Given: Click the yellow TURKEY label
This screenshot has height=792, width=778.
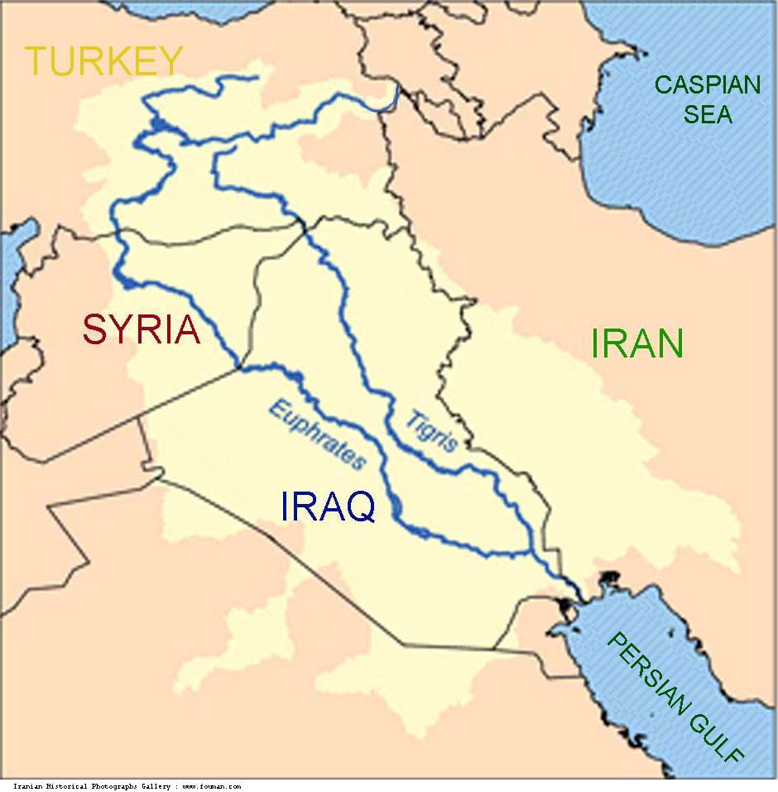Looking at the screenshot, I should coord(103,61).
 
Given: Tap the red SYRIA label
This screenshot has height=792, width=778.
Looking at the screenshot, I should coord(142,330).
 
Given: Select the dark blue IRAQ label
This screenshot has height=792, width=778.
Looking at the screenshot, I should coord(328,506).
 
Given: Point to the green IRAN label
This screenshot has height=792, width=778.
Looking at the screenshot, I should coord(637,343).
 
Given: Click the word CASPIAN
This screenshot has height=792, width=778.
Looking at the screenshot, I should coord(708,84).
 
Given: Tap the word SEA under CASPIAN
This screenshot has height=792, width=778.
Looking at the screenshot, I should coord(708,114).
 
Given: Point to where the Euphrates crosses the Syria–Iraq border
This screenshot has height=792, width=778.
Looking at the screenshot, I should coord(241,366).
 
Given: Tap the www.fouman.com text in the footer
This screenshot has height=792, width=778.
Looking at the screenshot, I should coord(211,786).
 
